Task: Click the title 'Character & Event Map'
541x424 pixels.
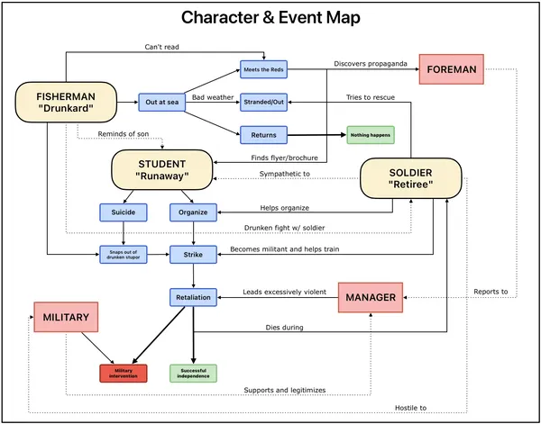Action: point(270,18)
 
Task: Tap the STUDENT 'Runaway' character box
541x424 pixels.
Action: point(162,170)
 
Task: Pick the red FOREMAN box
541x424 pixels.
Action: point(452,69)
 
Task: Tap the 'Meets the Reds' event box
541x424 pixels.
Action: point(263,69)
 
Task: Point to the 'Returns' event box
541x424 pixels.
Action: point(263,135)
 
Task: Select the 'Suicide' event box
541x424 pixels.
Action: point(124,213)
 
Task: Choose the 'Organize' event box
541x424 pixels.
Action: point(193,213)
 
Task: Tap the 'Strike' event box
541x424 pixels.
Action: point(193,255)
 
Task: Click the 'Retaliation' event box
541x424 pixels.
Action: point(193,297)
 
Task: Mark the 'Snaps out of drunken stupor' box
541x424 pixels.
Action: point(124,255)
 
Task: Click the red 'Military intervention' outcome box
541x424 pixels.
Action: point(124,373)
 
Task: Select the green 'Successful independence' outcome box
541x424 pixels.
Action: point(193,373)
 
